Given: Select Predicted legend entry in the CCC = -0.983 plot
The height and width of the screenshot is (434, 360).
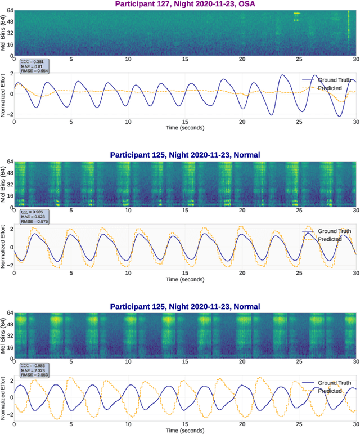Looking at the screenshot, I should point(330,391).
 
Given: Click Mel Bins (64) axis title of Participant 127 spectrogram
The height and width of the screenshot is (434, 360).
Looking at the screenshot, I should point(3,33).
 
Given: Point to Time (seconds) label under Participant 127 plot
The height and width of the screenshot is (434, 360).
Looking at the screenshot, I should point(184,128).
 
